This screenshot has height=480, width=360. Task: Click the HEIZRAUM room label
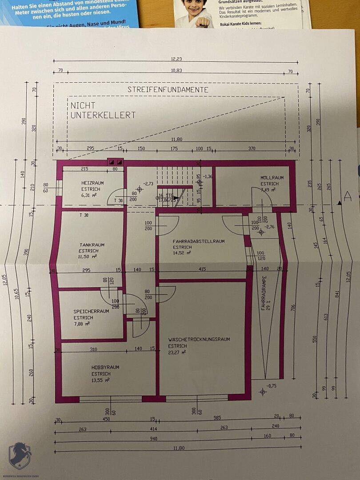(92, 183)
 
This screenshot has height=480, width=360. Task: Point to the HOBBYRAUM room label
(105, 368)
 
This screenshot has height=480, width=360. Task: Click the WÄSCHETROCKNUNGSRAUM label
(199, 340)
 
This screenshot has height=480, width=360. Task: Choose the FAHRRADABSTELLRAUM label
(199, 241)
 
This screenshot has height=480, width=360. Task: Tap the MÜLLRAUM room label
(272, 178)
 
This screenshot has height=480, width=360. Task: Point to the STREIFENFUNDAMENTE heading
(168, 90)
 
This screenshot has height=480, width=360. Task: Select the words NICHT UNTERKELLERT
(103, 110)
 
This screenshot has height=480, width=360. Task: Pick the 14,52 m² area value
(182, 253)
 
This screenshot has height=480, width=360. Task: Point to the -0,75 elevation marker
(271, 386)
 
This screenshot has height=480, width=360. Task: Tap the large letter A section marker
(348, 196)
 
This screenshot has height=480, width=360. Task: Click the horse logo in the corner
(20, 455)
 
